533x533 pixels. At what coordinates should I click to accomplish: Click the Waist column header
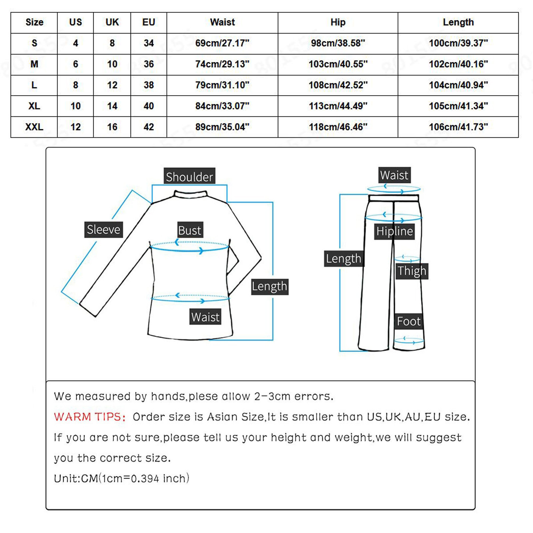222,22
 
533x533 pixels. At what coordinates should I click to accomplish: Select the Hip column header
338,22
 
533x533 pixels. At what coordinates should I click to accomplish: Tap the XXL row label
34,127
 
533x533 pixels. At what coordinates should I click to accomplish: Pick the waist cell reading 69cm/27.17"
222,43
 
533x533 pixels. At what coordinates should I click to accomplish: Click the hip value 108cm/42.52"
338,85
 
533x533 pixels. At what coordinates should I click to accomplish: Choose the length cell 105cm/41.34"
458,106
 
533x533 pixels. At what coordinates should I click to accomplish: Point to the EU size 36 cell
149,64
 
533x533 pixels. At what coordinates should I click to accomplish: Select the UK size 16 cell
112,127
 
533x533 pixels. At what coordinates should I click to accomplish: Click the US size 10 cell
76,106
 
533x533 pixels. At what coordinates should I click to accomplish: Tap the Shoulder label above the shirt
189,177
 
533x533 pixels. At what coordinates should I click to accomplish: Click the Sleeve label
103,230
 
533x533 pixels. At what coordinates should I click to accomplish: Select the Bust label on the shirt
190,230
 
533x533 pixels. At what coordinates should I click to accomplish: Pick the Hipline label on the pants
394,231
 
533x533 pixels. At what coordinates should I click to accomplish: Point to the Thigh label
412,271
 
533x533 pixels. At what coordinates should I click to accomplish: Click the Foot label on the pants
408,321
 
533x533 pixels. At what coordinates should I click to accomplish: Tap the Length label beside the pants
343,259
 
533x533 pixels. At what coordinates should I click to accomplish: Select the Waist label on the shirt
205,317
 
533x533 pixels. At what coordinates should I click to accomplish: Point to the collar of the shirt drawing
191,194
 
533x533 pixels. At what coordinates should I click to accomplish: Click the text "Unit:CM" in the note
76,479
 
